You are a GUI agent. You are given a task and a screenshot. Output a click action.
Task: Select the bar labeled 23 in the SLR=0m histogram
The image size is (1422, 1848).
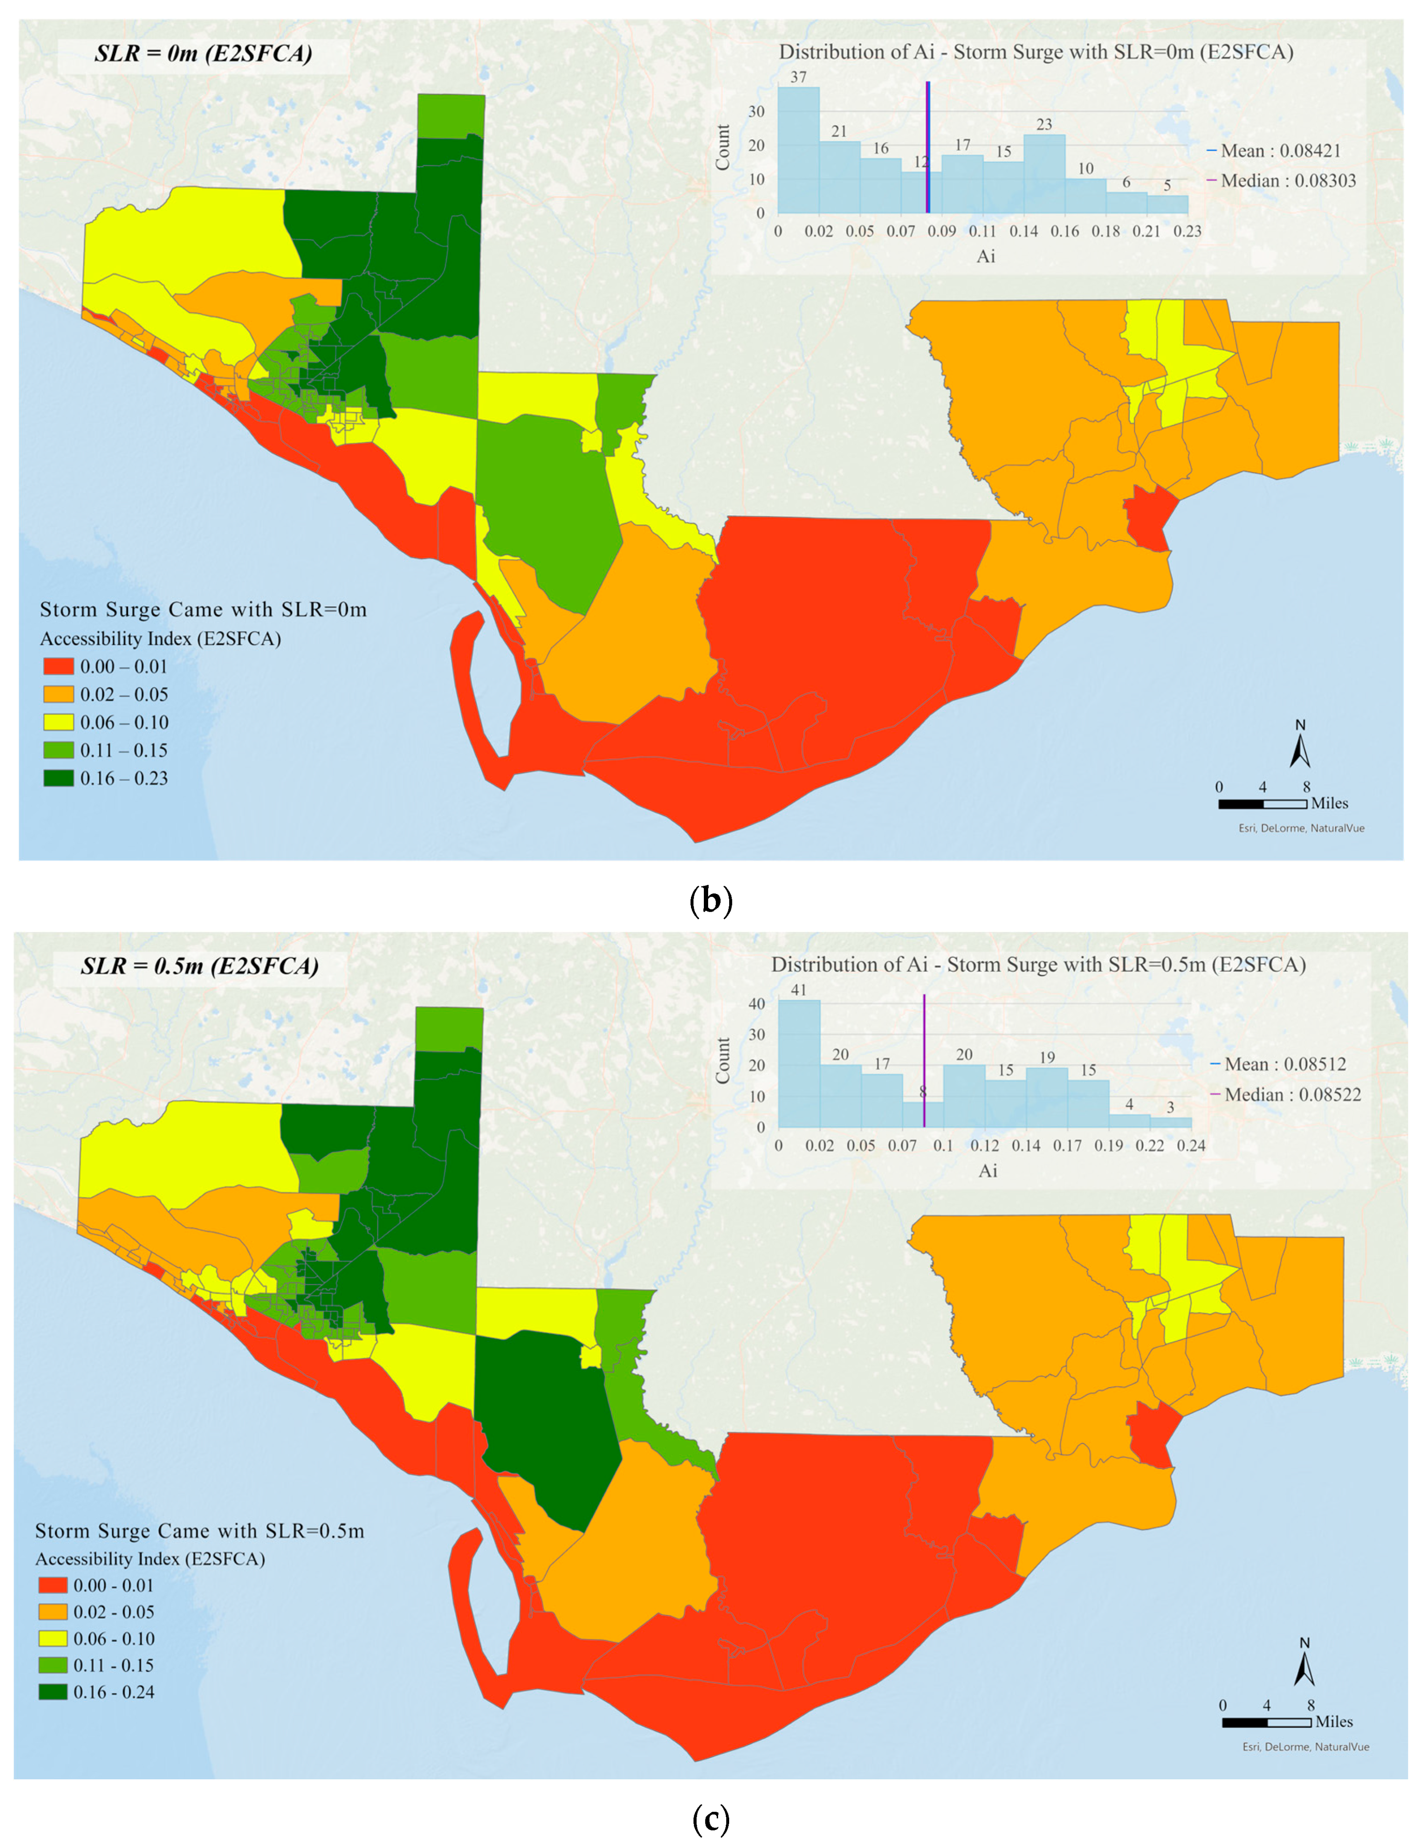coord(1045,174)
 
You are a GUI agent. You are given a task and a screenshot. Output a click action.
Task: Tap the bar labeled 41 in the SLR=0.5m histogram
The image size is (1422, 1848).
coord(799,1064)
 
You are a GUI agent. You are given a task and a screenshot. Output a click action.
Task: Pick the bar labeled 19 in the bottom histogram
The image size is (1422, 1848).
coord(1047,1098)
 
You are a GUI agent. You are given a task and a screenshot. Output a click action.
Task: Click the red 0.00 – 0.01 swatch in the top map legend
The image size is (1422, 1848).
coord(58,667)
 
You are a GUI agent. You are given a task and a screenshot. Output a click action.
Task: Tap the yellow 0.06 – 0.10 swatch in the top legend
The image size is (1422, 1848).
coord(58,723)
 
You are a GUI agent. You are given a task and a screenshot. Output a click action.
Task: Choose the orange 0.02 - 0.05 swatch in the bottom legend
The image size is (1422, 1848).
coord(52,1612)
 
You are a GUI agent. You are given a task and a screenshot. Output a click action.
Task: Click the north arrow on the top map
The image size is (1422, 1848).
coord(1300,745)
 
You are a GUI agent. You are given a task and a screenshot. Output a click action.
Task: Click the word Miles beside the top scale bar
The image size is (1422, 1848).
coord(1330,803)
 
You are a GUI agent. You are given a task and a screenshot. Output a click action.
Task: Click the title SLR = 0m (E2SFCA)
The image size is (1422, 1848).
coord(203,54)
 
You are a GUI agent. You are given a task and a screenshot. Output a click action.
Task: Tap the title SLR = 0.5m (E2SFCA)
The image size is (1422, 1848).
coord(200,966)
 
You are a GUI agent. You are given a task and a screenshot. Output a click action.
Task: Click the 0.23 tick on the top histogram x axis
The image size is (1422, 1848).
coord(1188,231)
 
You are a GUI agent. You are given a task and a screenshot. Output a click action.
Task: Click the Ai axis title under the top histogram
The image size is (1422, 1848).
coord(986,256)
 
